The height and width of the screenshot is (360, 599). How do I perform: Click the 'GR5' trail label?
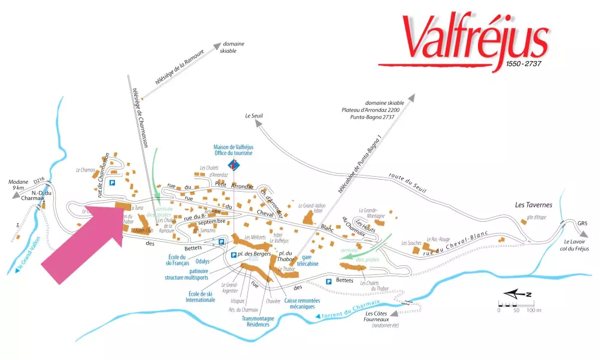coord(583,224)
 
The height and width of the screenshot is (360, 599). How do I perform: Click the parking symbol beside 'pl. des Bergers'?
coord(233,255)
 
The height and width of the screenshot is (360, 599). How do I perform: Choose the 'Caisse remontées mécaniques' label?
coord(302,304)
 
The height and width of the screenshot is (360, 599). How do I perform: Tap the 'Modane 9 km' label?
coord(20,184)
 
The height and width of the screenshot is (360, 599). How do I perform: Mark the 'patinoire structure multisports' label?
coord(190,274)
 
